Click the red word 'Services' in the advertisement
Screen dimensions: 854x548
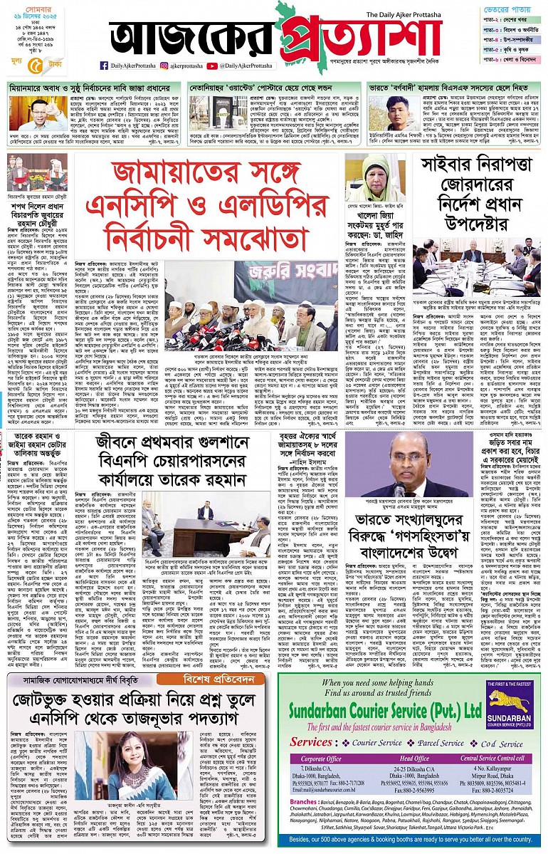tap(310, 742)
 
